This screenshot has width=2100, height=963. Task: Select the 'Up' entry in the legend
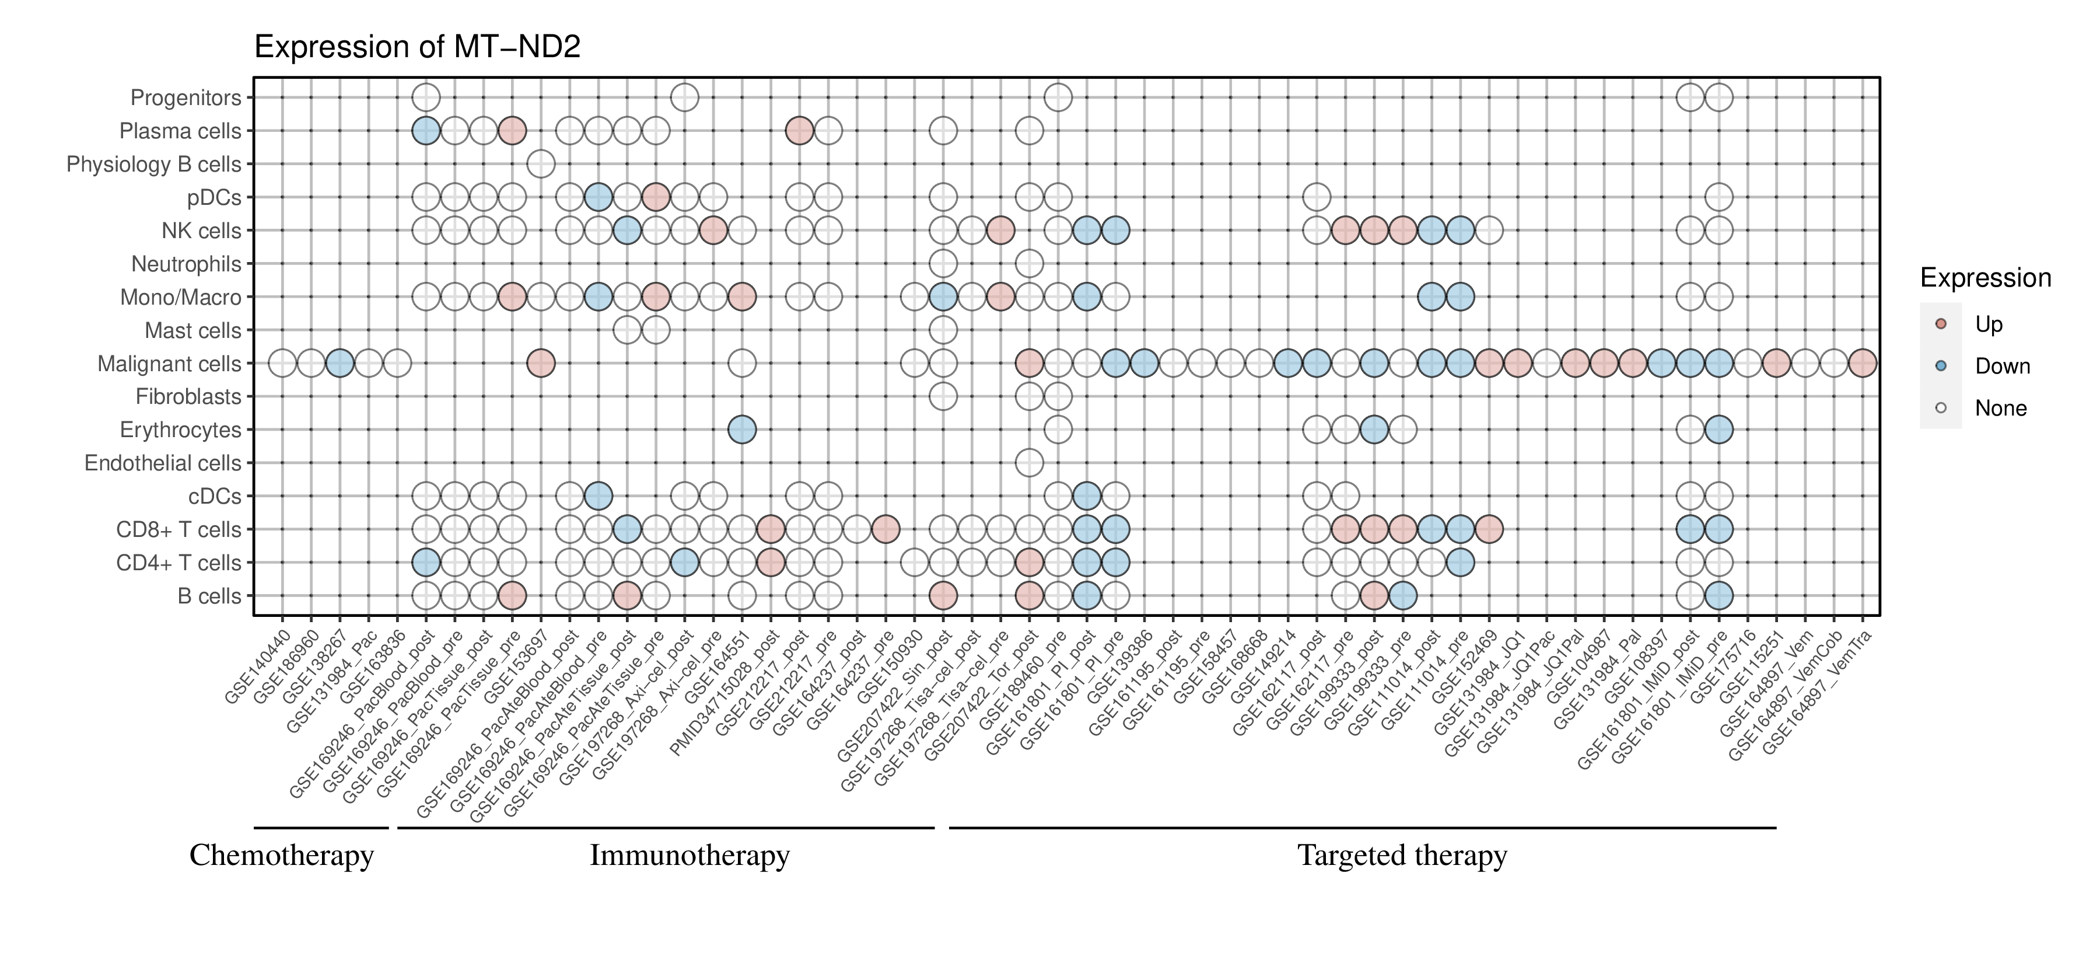pos(1989,324)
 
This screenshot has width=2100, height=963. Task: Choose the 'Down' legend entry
pos(2001,366)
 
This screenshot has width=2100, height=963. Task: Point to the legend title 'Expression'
pos(1985,278)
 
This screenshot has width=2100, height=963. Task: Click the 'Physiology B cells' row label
pos(154,164)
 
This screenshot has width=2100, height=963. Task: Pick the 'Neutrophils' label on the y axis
pos(186,264)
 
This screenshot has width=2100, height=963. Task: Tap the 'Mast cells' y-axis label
pos(192,330)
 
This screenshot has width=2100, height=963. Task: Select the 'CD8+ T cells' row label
pos(178,530)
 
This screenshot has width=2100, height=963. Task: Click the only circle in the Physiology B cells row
pos(541,164)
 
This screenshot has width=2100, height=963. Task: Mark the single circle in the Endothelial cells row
pos(1029,463)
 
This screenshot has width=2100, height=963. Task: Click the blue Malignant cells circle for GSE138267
pos(339,363)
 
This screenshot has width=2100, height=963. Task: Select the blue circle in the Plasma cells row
pos(426,131)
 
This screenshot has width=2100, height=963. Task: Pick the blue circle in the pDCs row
pos(597,197)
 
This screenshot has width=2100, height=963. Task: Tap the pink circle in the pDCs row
pos(656,197)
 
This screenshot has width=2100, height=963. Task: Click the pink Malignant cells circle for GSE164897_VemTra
pos(1862,363)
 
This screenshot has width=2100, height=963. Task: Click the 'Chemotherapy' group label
pos(281,856)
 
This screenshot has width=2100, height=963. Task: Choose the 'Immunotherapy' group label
pos(689,856)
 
